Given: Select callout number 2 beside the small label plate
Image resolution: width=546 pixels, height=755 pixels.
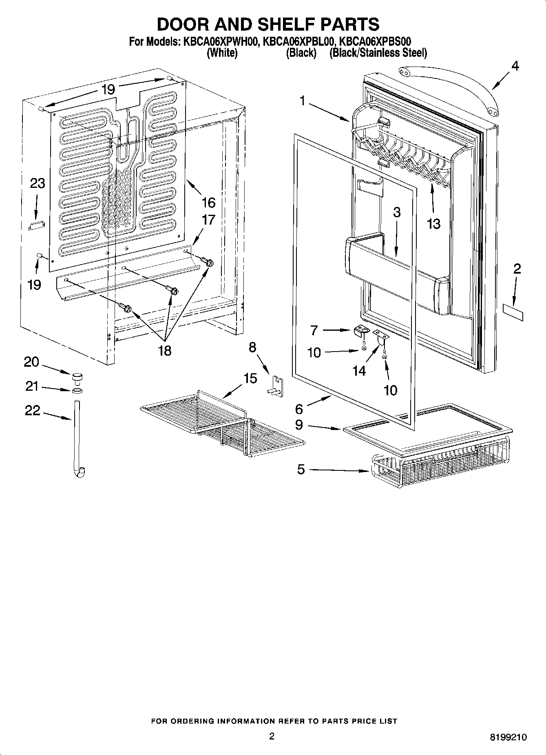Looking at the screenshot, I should [x=517, y=269].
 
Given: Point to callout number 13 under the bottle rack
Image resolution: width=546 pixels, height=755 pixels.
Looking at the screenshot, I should [x=433, y=223].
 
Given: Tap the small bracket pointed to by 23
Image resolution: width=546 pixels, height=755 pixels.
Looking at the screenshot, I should [x=36, y=225].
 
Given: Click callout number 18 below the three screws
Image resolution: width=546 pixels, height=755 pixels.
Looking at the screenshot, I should [x=165, y=350].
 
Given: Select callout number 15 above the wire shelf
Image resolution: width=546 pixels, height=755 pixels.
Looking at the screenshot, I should [x=250, y=378].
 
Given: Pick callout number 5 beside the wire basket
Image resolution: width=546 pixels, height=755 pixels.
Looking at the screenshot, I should [x=301, y=470].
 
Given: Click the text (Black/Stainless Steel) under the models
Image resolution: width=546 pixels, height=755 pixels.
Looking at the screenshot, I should [x=378, y=53].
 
